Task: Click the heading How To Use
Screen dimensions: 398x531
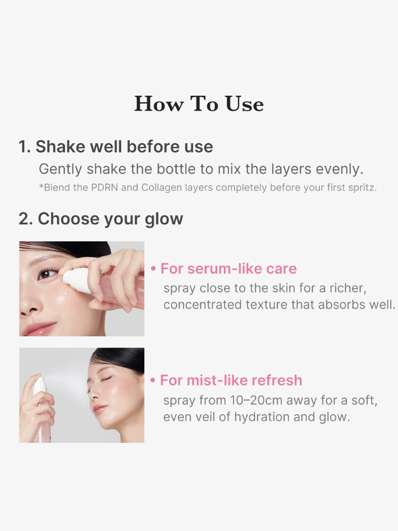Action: pyautogui.click(x=199, y=104)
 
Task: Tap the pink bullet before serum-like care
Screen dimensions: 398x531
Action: pyautogui.click(x=154, y=269)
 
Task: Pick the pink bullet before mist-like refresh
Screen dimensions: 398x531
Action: pyautogui.click(x=152, y=380)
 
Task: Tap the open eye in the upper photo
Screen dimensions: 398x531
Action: pyautogui.click(x=45, y=274)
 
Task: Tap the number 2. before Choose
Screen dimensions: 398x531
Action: pyautogui.click(x=26, y=219)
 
